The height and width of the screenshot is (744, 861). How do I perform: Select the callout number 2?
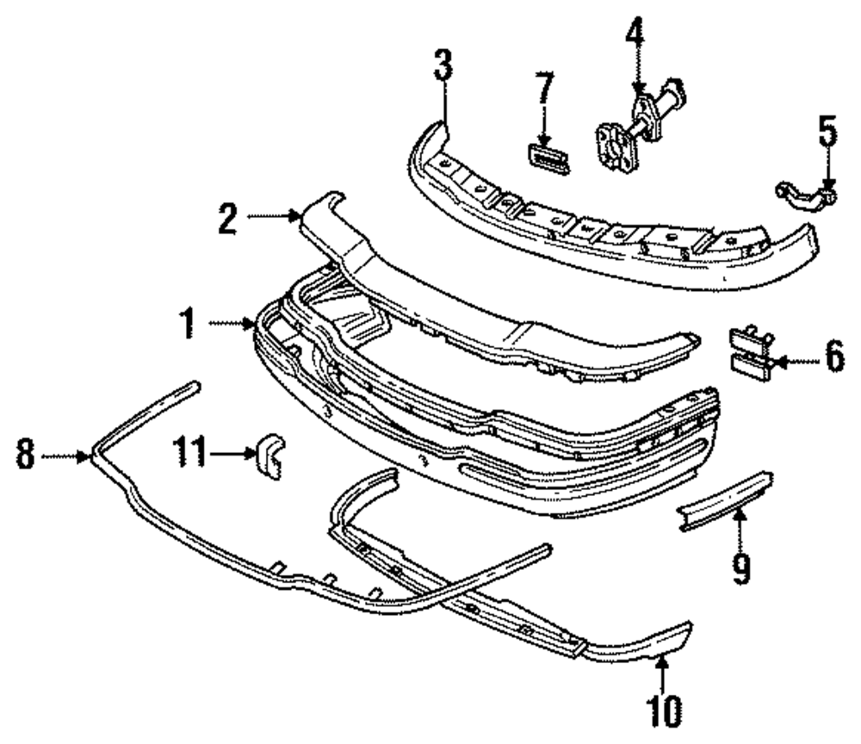pos(227,219)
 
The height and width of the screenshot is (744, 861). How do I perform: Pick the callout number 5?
pos(827,133)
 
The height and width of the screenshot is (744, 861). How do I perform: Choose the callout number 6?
pos(834,359)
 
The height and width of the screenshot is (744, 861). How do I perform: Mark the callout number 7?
pos(544,90)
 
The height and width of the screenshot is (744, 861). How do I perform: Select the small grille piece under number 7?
pos(547,158)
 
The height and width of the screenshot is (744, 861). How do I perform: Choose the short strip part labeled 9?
pos(725,502)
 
